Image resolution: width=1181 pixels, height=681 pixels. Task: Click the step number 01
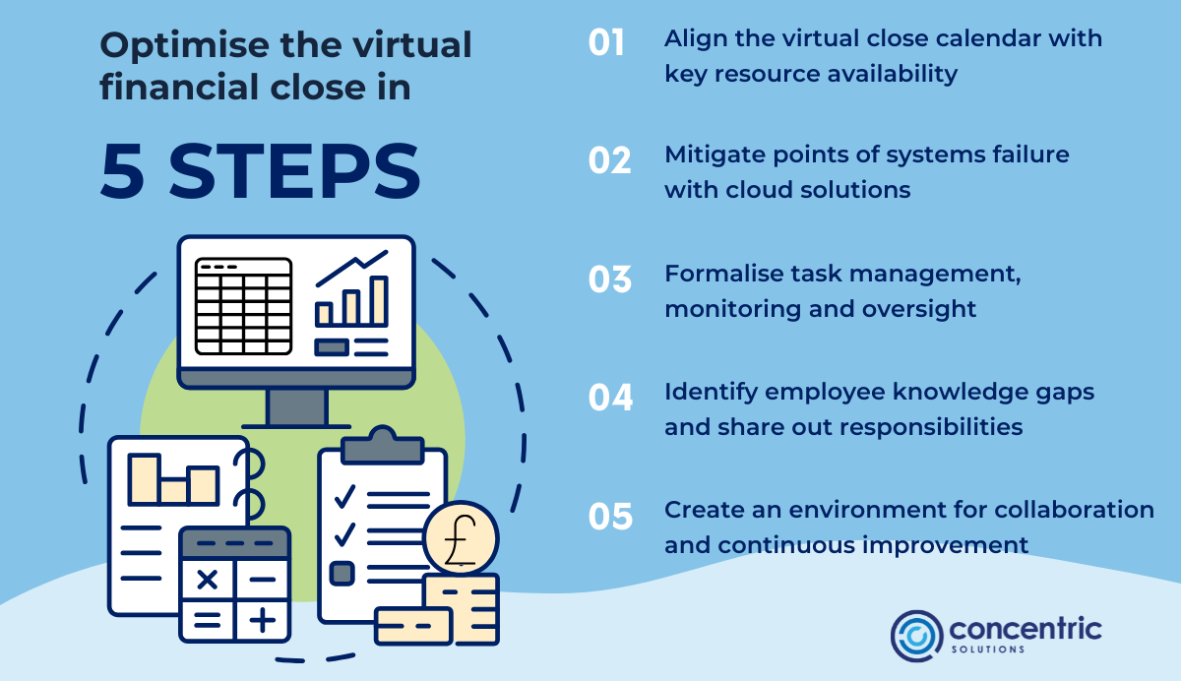click(x=607, y=43)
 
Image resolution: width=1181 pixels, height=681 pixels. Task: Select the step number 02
click(x=609, y=160)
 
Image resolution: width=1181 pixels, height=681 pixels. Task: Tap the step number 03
click(x=609, y=279)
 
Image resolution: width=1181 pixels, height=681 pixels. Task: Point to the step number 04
click(x=610, y=397)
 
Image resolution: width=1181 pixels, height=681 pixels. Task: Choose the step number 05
click(x=610, y=516)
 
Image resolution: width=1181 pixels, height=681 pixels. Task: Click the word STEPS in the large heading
click(x=294, y=172)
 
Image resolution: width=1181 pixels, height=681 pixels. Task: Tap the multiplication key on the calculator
click(x=208, y=579)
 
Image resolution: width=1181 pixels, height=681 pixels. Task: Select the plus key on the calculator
click(x=262, y=620)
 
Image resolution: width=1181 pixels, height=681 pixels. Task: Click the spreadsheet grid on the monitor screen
click(x=243, y=305)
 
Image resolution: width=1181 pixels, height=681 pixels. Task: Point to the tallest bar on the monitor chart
click(x=379, y=300)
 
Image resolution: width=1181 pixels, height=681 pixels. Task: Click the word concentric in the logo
click(x=1026, y=628)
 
